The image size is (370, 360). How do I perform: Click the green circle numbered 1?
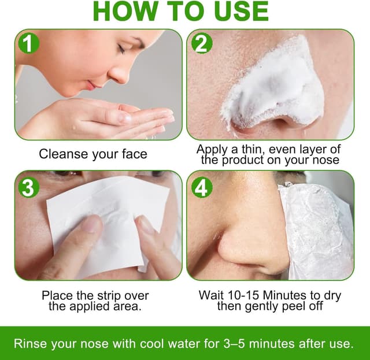28,42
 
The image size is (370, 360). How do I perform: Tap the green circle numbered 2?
202,42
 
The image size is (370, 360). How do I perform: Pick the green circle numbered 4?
202,187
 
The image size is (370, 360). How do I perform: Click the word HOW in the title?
123,12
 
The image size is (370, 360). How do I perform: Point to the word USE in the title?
239,12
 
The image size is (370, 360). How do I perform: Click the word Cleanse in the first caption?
62,154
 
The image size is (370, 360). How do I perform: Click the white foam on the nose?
277,87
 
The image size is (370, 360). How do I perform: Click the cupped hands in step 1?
116,121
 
